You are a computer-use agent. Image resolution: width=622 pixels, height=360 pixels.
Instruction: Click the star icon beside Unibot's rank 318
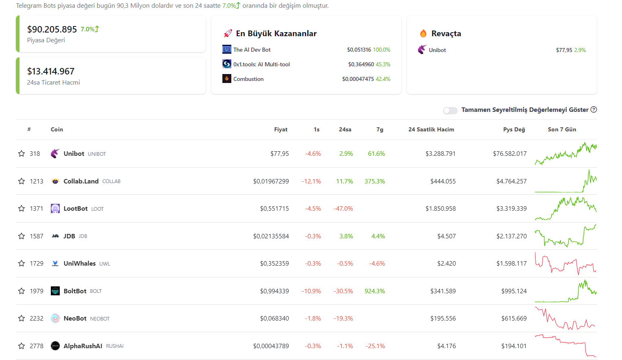[22, 154]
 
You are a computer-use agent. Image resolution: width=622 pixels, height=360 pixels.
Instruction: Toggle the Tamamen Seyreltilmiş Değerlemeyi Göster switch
[450, 110]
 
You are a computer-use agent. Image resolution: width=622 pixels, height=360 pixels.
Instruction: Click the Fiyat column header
[281, 129]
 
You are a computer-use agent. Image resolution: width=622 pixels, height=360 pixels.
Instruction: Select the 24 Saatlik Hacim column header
[431, 129]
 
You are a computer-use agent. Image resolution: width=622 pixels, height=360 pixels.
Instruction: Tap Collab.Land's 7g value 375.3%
[374, 181]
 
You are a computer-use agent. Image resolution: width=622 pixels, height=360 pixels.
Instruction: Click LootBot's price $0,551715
[274, 209]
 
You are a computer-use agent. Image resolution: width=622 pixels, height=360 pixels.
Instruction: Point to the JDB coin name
[69, 236]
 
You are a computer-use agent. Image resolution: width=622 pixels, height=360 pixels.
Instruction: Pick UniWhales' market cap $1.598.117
[511, 264]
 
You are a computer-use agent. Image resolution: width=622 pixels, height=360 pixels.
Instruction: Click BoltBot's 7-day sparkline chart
[565, 291]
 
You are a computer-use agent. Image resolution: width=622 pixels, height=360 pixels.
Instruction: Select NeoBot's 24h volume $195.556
[443, 319]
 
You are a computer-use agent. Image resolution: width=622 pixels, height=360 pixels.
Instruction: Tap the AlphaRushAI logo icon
[55, 346]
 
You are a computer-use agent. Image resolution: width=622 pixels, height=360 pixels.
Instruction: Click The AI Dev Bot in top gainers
[252, 50]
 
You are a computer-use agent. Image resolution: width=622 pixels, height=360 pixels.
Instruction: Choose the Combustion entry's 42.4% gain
[383, 79]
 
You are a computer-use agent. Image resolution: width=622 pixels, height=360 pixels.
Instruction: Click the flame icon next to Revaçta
[423, 33]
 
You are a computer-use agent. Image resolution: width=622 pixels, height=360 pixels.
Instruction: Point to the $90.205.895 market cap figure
[52, 29]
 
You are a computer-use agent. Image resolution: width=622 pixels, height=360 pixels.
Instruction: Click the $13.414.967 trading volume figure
[51, 72]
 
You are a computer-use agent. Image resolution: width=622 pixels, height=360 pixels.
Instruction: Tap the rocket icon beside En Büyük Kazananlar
[228, 33]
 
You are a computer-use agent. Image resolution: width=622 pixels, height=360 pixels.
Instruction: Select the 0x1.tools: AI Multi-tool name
[261, 64]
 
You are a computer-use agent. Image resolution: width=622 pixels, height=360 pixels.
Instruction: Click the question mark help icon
[594, 109]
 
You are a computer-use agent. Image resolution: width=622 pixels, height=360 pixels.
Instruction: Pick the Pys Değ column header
[514, 129]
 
